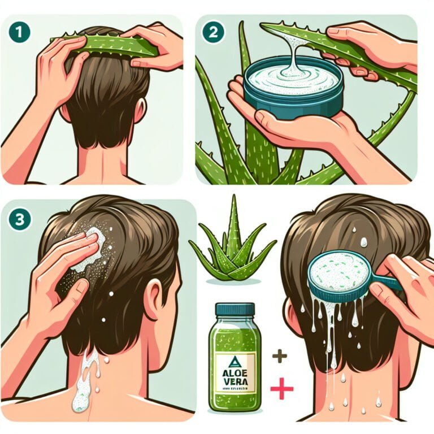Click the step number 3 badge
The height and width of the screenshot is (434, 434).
[19, 219]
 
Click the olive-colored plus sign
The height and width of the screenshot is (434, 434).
[279, 356]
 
